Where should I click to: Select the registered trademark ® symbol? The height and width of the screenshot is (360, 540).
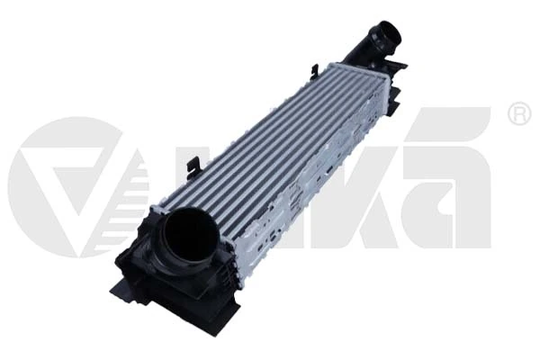click(519, 114)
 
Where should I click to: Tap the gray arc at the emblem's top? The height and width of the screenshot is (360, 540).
click(67, 126)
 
